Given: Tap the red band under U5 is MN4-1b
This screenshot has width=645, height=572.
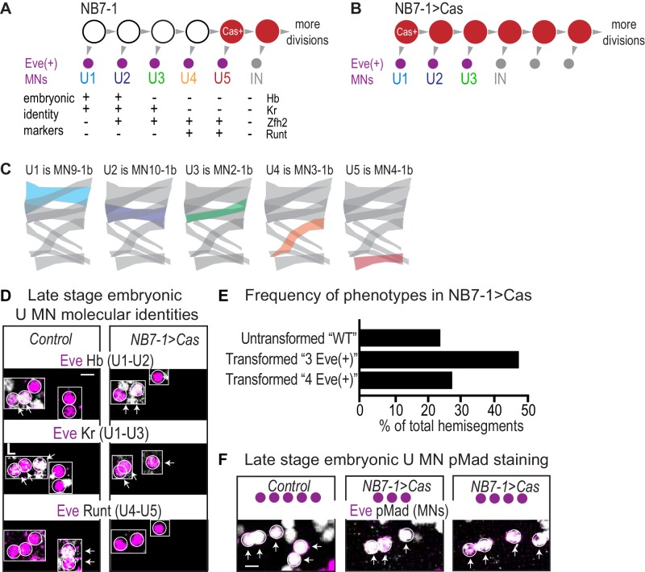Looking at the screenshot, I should pyautogui.click(x=377, y=260).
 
